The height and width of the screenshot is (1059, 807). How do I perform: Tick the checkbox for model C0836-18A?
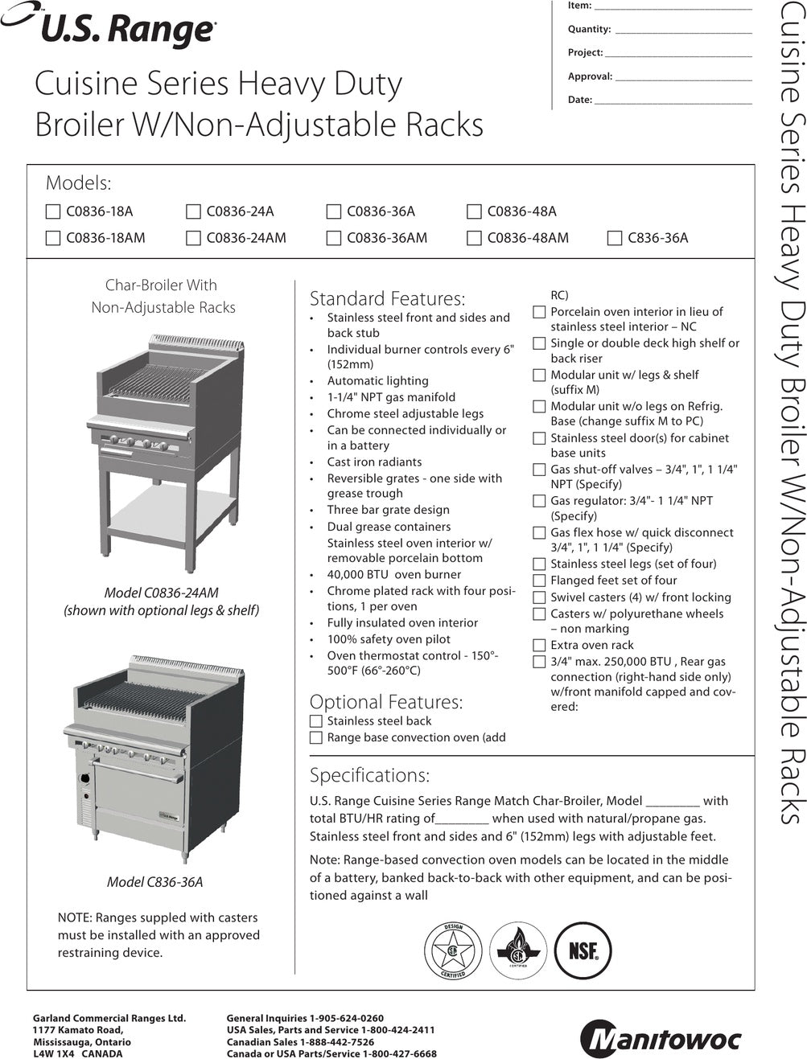coord(53,211)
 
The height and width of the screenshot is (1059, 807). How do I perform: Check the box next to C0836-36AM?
coord(334,238)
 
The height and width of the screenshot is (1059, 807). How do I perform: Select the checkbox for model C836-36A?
coord(615,238)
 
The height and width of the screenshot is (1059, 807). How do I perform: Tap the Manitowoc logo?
coord(661,1038)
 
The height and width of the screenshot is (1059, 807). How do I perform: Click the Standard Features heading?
coord(387,298)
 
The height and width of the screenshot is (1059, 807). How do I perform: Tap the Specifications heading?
coord(369,775)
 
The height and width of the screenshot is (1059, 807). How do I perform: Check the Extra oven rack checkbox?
coord(539,645)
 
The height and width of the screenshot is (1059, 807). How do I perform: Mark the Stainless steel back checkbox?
coord(316,721)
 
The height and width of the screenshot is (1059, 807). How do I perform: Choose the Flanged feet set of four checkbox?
coord(539,581)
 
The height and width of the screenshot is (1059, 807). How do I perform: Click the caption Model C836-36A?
coord(154,882)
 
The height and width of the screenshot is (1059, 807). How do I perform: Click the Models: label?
coord(78,183)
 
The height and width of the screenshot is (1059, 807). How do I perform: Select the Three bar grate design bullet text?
coord(388,510)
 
